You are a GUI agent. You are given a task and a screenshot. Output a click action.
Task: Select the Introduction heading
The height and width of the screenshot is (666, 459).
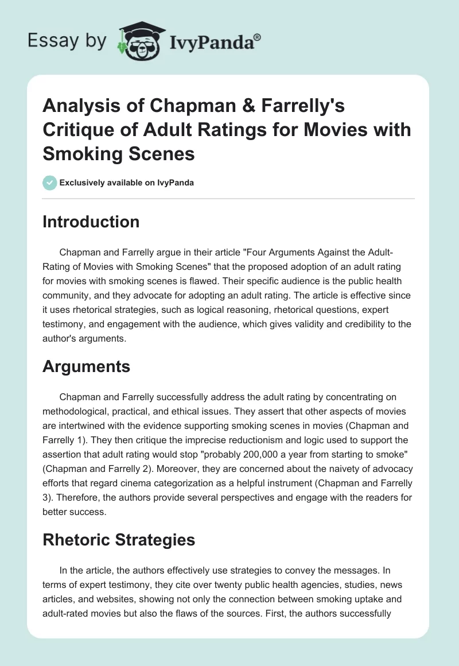coord(91,222)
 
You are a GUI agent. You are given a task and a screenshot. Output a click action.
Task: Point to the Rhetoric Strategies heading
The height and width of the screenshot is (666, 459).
coord(118,540)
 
